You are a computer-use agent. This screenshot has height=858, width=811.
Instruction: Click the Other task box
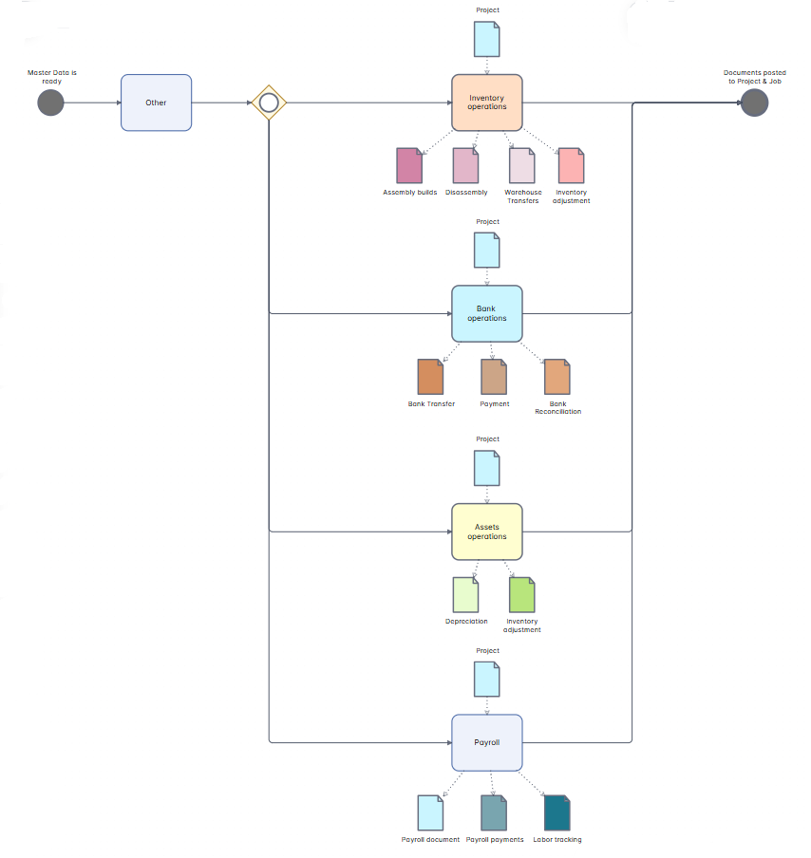pyautogui.click(x=156, y=103)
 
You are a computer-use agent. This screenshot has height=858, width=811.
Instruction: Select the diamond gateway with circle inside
pyautogui.click(x=269, y=103)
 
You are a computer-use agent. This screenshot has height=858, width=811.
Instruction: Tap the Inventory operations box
pyautogui.click(x=487, y=103)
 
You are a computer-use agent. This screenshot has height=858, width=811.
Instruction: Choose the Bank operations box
pyautogui.click(x=487, y=313)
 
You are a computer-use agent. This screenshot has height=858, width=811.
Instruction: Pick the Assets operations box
pyautogui.click(x=487, y=532)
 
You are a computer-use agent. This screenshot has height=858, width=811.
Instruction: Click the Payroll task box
pyautogui.click(x=487, y=742)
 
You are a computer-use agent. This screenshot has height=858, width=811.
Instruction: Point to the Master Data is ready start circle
pyautogui.click(x=50, y=103)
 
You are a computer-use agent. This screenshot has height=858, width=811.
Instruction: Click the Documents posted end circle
pyautogui.click(x=754, y=103)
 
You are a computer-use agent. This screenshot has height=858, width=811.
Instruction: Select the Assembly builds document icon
pyautogui.click(x=409, y=166)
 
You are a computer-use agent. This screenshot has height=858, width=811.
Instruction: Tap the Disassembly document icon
pyautogui.click(x=465, y=166)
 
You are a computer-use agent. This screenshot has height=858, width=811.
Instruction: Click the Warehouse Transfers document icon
pyautogui.click(x=522, y=166)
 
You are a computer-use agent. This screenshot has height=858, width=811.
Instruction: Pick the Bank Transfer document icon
pyautogui.click(x=431, y=377)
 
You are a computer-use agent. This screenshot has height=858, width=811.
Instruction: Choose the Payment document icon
pyautogui.click(x=494, y=377)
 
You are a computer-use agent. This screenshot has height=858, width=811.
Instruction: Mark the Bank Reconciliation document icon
pyautogui.click(x=557, y=377)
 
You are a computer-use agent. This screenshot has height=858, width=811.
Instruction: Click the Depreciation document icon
pyautogui.click(x=465, y=595)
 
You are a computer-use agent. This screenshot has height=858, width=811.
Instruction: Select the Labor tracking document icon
pyautogui.click(x=557, y=813)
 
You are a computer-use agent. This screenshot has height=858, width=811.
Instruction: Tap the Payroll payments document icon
pyautogui.click(x=494, y=813)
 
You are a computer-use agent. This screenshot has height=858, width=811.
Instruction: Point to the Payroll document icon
pyautogui.click(x=431, y=813)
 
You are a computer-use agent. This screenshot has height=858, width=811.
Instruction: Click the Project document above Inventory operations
pyautogui.click(x=487, y=38)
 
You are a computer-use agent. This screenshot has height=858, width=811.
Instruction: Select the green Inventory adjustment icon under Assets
pyautogui.click(x=522, y=595)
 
